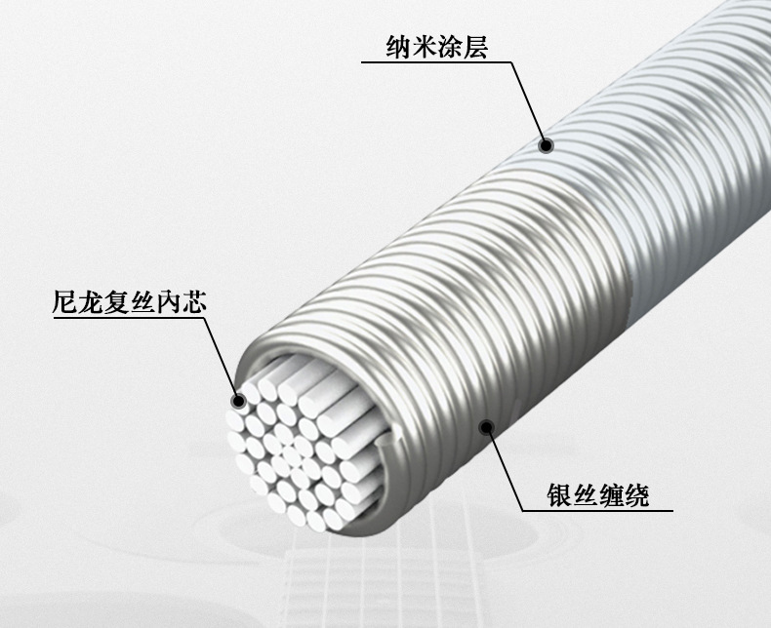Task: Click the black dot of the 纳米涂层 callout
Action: (x=547, y=145)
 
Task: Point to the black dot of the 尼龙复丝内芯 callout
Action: (x=237, y=399)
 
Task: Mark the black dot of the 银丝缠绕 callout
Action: (x=486, y=424)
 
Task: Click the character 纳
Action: (x=396, y=46)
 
